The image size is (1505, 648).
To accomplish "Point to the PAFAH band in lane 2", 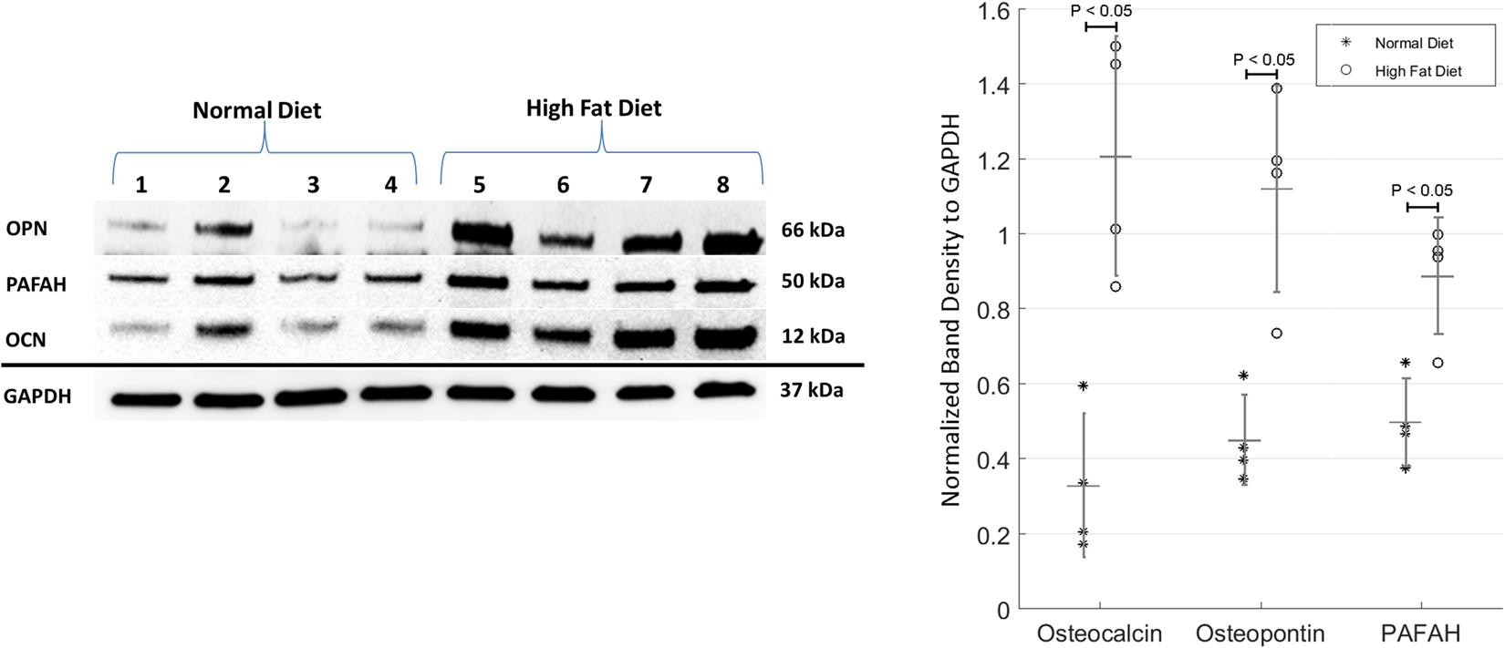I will tap(224, 280).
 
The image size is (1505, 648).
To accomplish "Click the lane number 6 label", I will tap(563, 185).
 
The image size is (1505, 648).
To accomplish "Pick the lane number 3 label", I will tap(313, 185).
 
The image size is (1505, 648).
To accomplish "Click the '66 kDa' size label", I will tap(812, 231).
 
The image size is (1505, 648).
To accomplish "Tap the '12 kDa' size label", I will tap(812, 336).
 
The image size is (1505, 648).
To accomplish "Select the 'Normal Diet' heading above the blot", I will tap(256, 111).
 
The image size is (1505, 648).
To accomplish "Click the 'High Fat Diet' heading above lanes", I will tap(593, 108).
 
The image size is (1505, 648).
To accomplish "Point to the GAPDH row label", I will tap(37, 396).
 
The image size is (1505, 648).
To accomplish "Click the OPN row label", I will tap(26, 229).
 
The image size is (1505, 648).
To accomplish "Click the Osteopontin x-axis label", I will tap(1260, 633).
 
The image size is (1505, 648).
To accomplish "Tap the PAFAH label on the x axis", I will tap(1420, 633).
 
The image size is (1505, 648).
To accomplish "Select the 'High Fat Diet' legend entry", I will tap(1417, 71).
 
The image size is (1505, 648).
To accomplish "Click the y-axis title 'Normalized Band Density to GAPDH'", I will tap(951, 310).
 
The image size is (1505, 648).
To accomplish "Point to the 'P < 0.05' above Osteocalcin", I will tap(1101, 11).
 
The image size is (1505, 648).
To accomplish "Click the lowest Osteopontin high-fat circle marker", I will tap(1276, 334).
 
